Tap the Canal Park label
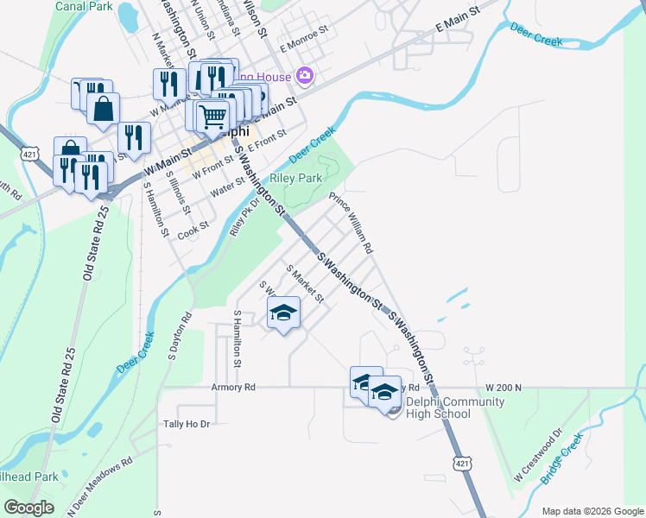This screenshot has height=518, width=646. pos(84,6)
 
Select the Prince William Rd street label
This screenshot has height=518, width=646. pos(351,223)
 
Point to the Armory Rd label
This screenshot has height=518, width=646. pos(233,388)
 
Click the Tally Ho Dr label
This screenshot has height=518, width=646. pos(187,424)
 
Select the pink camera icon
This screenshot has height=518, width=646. pos(304,76)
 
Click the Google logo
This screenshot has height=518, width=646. pos(28,508)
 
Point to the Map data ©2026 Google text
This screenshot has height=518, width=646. pos(592,511)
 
